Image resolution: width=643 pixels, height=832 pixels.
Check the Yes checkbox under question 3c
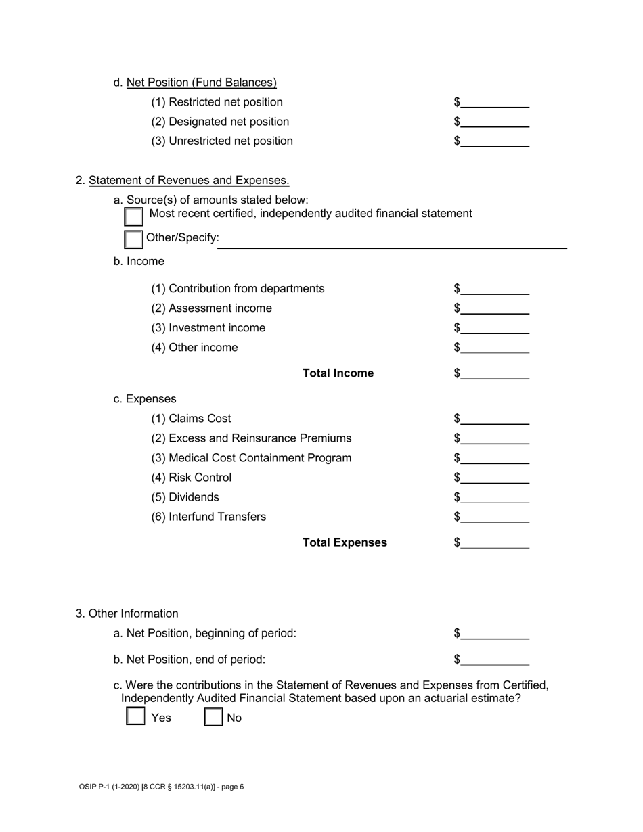135,716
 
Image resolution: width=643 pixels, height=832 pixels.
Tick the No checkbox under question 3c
214,716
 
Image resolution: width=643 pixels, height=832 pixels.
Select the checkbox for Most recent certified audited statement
134,216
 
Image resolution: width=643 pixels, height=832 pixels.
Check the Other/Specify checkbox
134,239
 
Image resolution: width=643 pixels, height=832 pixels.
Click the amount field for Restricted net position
495,102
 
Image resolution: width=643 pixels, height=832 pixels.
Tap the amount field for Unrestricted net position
495,141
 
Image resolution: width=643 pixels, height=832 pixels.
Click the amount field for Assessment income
495,308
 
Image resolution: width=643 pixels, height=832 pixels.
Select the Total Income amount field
495,373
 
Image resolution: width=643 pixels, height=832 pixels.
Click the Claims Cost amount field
495,419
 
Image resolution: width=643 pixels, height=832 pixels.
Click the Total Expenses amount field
495,542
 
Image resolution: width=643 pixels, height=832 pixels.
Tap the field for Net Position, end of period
495,659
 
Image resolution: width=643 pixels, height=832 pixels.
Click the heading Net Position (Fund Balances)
201,83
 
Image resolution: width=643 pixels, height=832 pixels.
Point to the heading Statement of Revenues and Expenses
189,180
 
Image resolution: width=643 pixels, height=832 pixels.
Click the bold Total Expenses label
345,542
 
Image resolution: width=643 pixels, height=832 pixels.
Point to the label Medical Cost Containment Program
251,458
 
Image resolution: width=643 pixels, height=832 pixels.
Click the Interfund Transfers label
208,517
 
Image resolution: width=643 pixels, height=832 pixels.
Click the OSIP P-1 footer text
161,787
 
